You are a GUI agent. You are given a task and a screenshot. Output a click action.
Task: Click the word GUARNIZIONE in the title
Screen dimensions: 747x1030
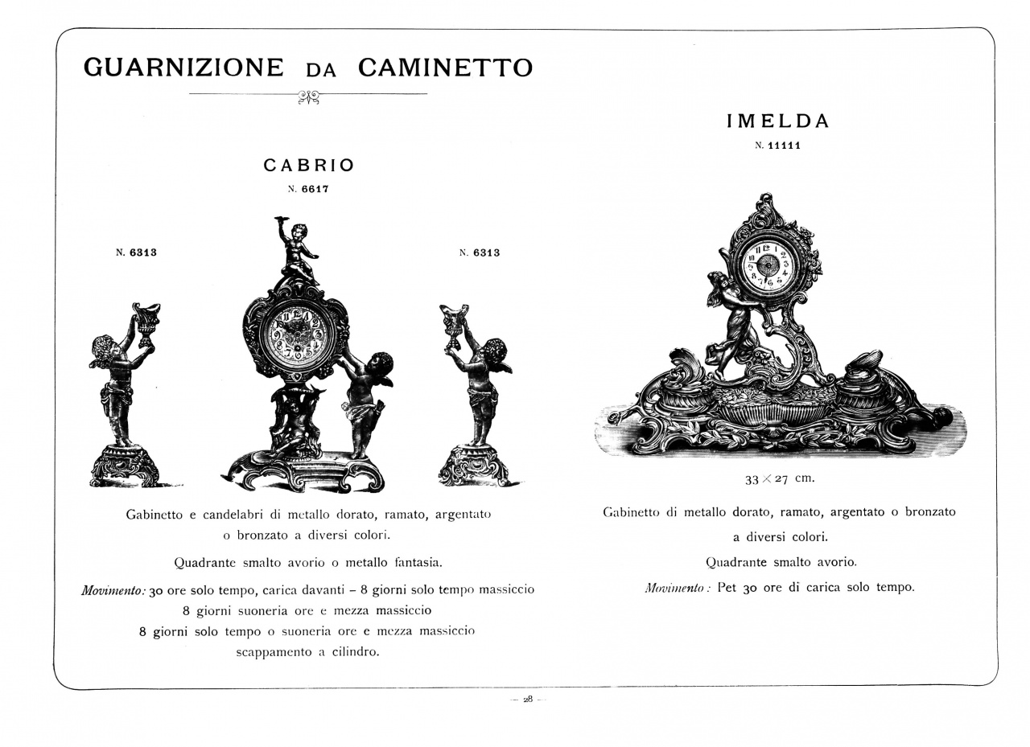click(x=183, y=68)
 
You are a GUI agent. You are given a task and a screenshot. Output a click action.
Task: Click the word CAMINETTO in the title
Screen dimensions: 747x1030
click(x=445, y=68)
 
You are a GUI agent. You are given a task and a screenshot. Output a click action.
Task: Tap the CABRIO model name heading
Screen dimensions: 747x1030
click(x=309, y=166)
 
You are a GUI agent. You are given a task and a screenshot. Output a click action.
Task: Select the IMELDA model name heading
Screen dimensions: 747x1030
click(x=777, y=121)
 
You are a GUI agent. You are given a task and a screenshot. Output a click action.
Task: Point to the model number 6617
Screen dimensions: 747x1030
click(x=315, y=190)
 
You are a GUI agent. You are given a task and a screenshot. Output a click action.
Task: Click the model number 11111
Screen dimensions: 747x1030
click(x=784, y=146)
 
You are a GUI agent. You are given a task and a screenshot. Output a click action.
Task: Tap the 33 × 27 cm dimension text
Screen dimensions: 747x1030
click(x=779, y=478)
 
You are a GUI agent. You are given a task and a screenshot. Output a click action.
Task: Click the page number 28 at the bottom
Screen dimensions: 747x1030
click(x=528, y=700)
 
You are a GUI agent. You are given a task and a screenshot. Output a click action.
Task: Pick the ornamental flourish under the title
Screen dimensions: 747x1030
click(x=308, y=97)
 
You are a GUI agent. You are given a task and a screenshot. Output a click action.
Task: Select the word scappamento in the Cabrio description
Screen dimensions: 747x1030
click(x=271, y=652)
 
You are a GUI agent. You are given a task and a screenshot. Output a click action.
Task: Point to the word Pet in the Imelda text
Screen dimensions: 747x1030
click(x=727, y=587)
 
